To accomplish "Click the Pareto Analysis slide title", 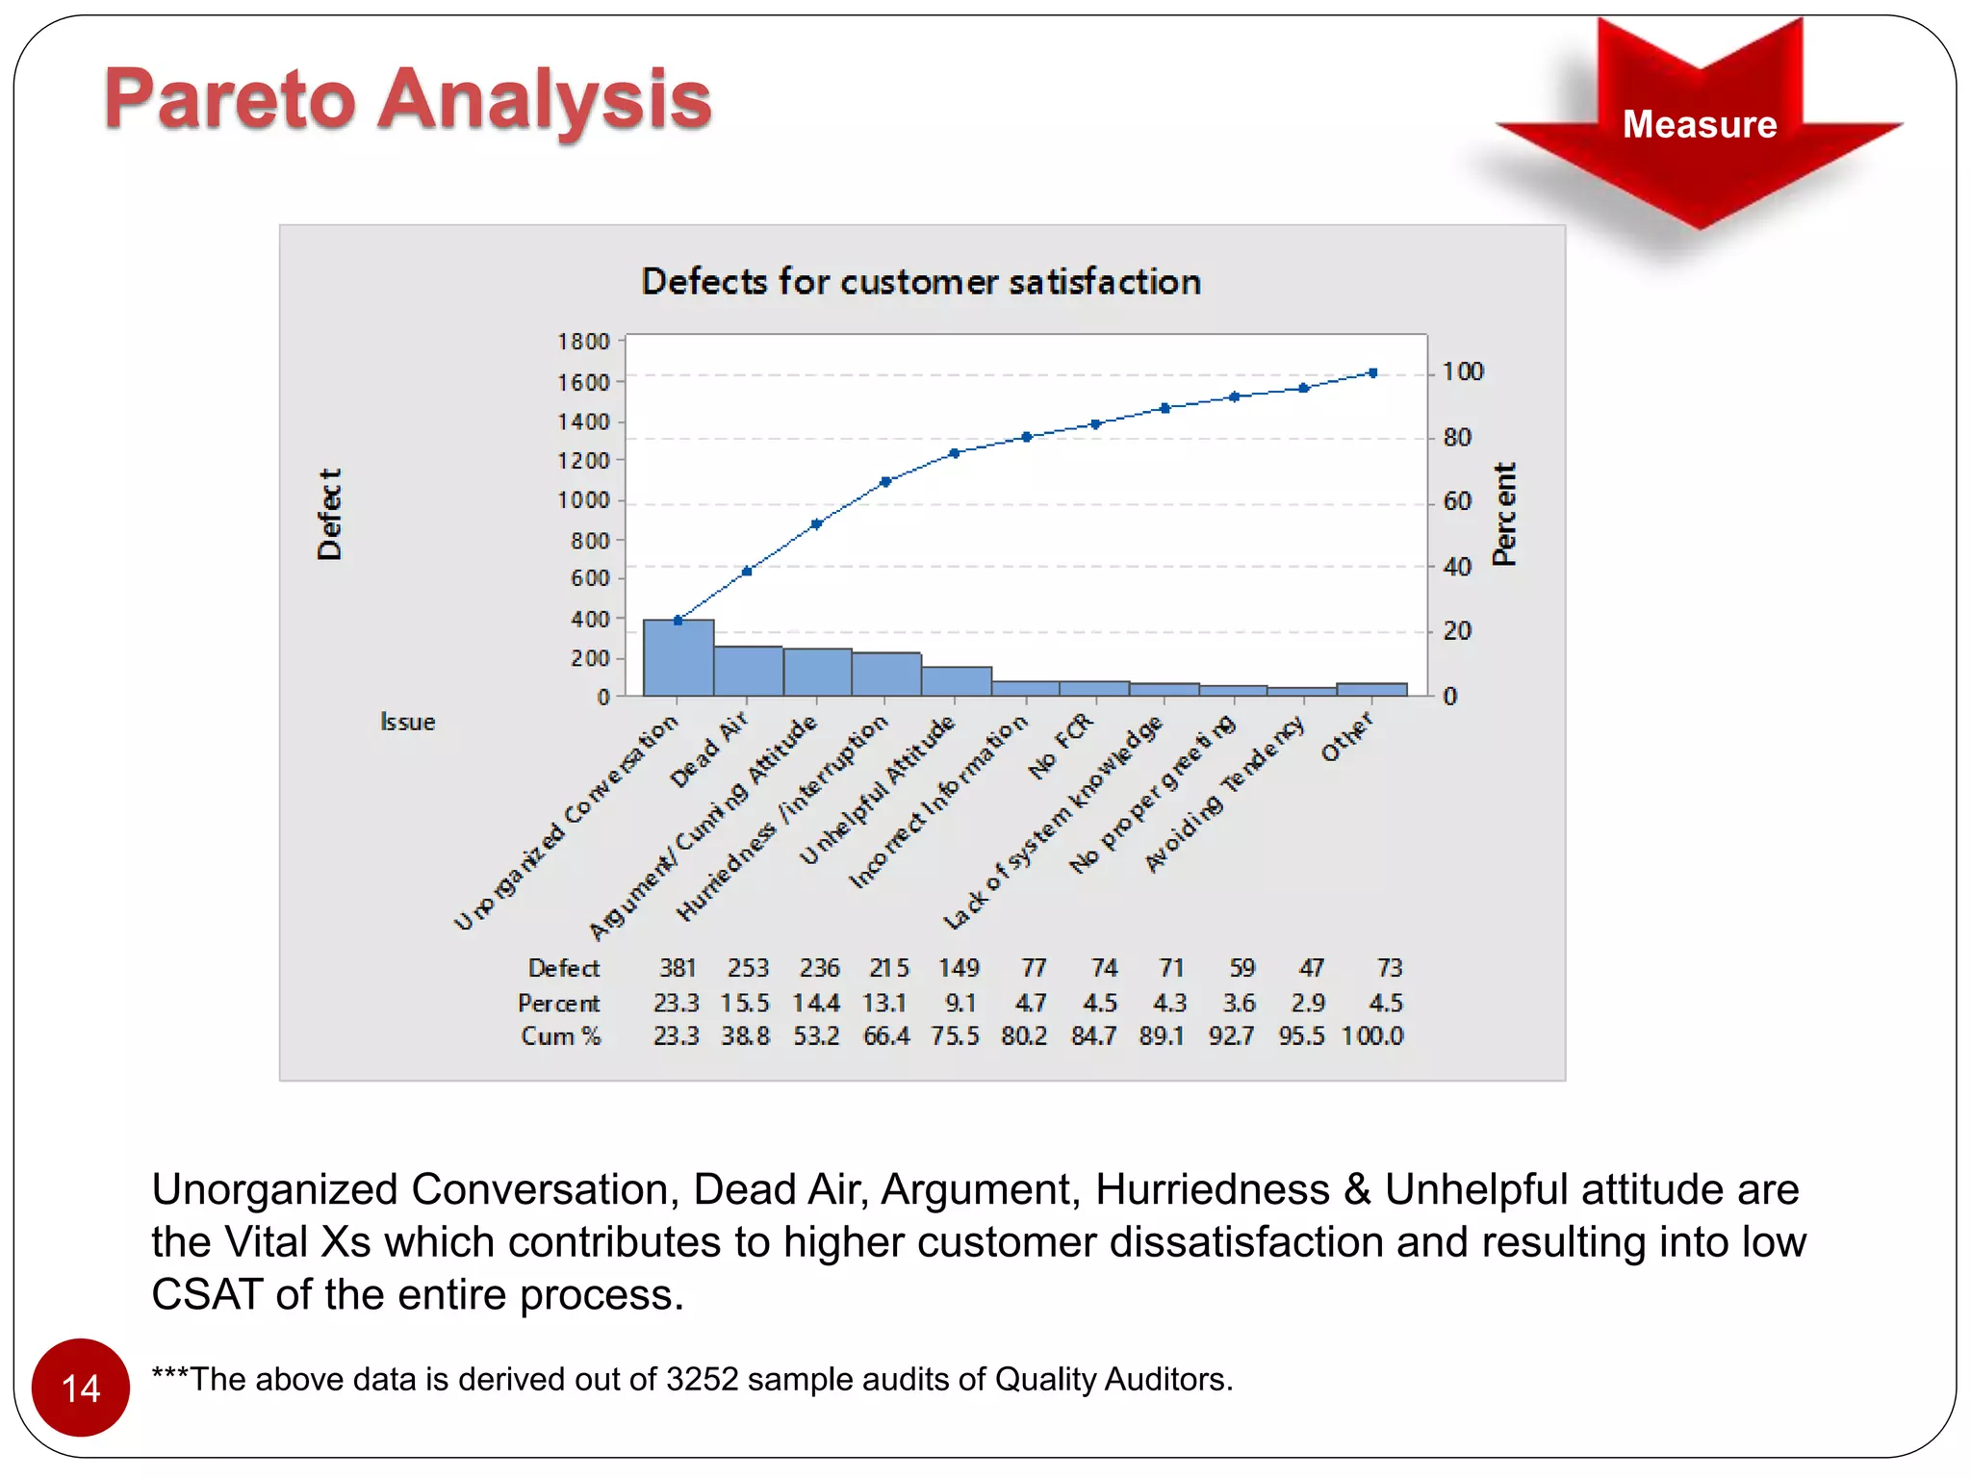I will pos(408,99).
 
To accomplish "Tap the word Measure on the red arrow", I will pos(1699,124).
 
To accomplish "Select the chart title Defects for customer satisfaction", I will pos(921,282).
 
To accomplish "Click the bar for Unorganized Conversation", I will pos(678,658).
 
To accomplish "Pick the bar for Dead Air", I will pos(748,671).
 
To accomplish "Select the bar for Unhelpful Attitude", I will pos(956,681).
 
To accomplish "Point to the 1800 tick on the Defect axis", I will pos(583,342).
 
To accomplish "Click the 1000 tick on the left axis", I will pos(583,500).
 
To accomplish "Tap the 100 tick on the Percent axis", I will pos(1462,371).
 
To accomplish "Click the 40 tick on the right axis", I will pos(1457,567).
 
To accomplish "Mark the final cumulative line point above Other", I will pos(1372,372).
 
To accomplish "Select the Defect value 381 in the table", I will pos(678,967).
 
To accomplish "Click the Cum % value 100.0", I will pos(1372,1036).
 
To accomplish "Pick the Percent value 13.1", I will pos(884,1003).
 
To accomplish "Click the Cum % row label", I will pos(561,1036).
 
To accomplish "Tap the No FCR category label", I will pos(1061,747).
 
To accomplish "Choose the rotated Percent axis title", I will pos(1503,514).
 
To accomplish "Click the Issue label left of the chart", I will pos(407,722).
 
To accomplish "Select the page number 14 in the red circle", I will pos(81,1389).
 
